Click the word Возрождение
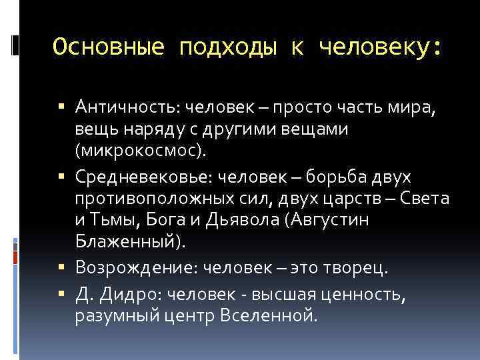[134, 267]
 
